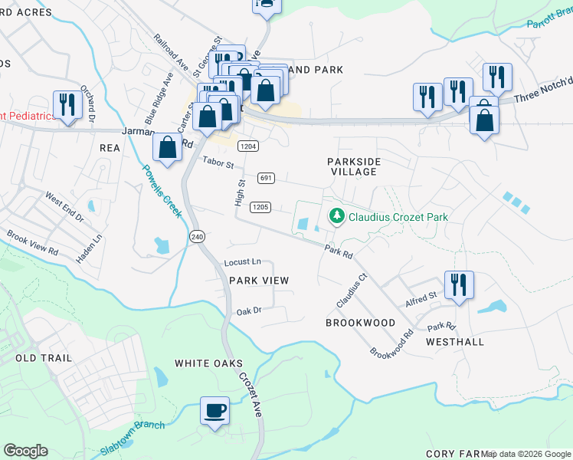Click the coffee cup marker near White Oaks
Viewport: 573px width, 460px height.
pos(214,409)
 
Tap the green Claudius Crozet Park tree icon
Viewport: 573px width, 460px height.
pos(336,217)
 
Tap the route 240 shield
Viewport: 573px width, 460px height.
pos(198,238)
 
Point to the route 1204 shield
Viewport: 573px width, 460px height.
pos(247,146)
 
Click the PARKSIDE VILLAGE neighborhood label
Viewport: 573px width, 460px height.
pos(352,166)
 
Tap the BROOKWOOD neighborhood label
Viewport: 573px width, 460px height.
pos(360,323)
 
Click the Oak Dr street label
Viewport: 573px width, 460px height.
pos(249,311)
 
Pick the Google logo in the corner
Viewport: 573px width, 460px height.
pos(25,451)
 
